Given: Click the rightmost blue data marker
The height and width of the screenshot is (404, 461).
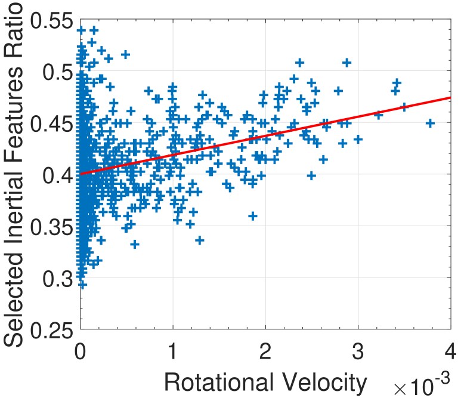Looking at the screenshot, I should coord(429,123).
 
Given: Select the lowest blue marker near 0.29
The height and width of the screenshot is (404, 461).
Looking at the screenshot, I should coord(82,285).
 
